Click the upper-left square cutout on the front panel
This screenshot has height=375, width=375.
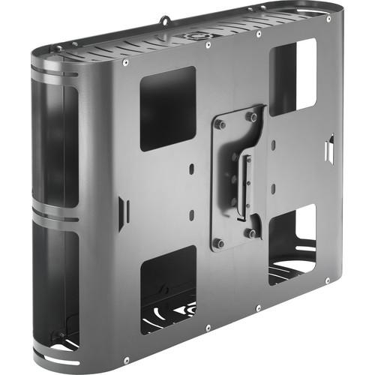(x=167, y=108)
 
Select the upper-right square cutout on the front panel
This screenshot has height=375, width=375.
(x=292, y=76)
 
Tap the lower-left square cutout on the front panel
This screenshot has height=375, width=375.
(x=168, y=289)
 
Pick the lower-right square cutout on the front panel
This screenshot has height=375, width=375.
(x=292, y=239)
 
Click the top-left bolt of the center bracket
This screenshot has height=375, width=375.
(x=220, y=124)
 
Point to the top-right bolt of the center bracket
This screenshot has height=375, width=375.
(x=252, y=116)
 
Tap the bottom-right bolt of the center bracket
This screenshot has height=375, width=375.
(x=253, y=233)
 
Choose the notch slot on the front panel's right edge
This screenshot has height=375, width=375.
(x=328, y=148)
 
